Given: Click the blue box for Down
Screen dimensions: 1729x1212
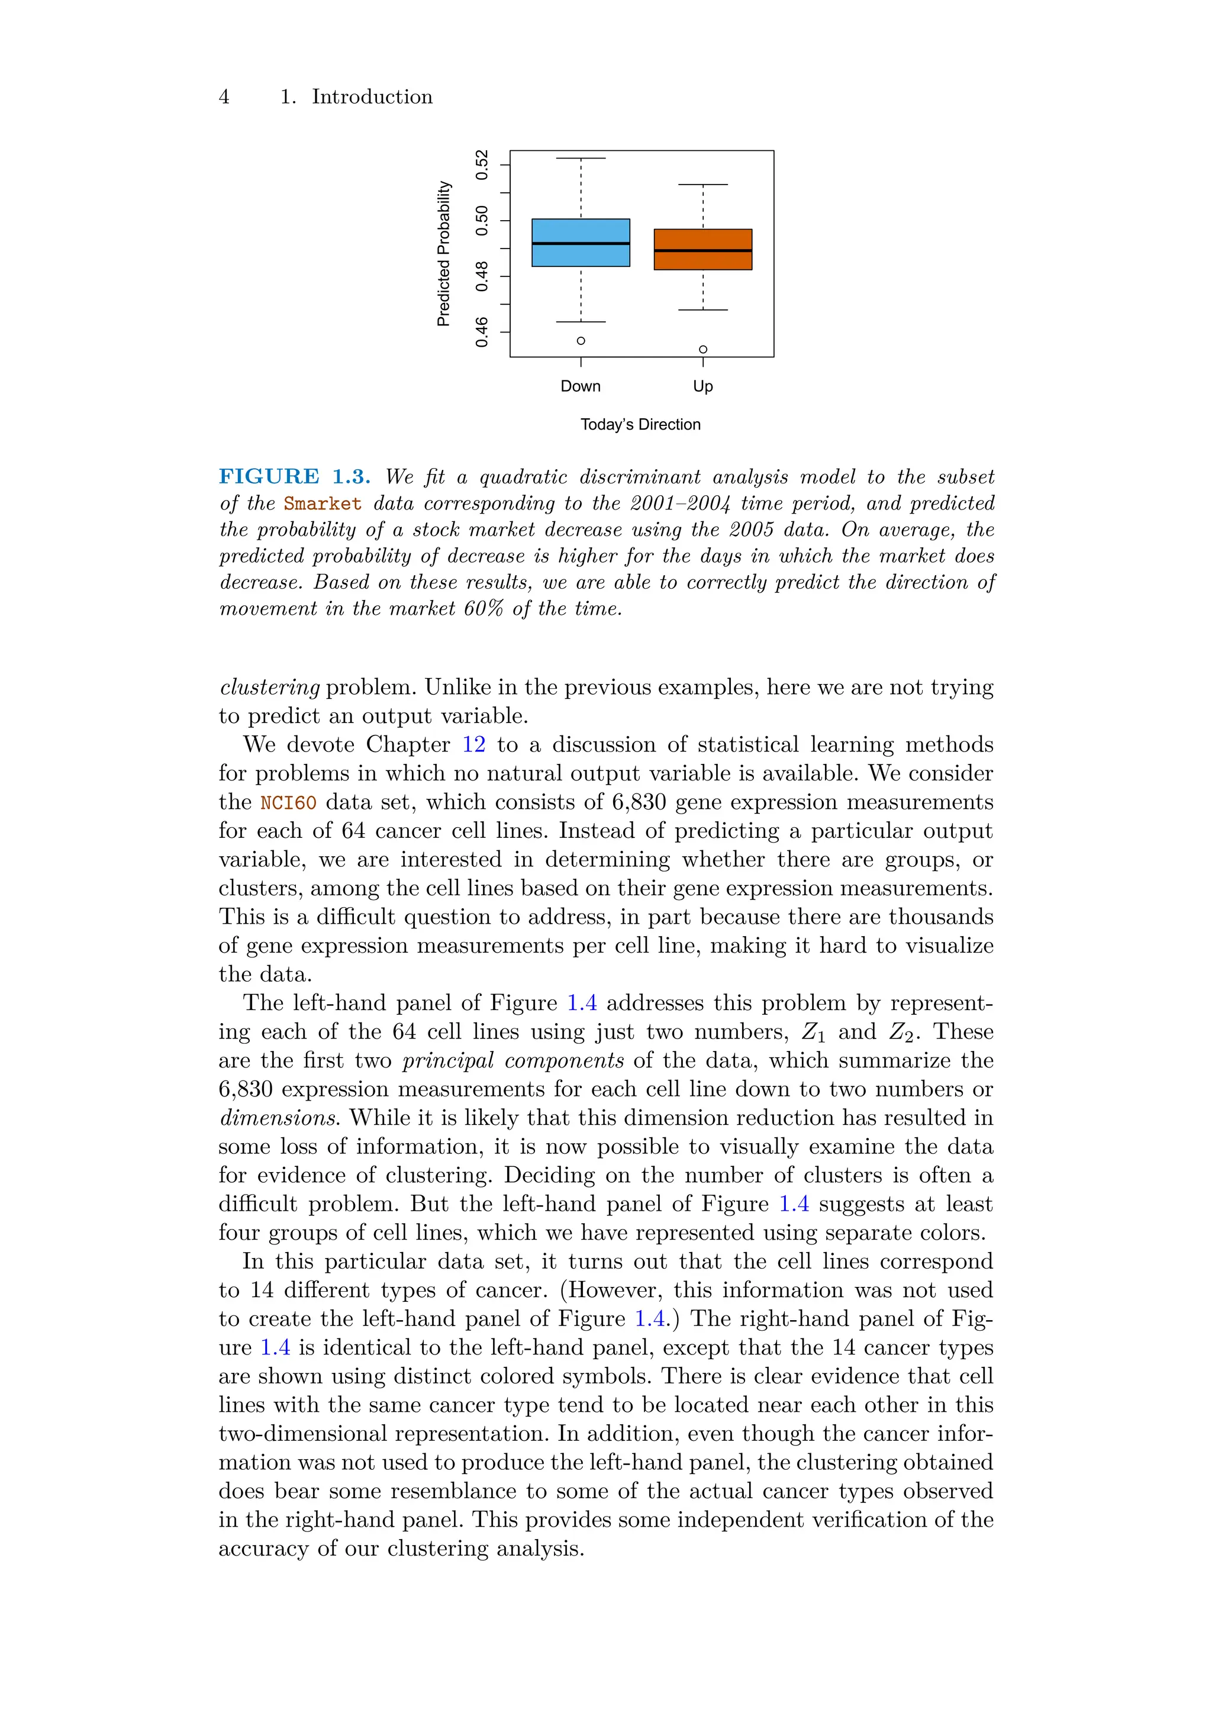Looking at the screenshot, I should [580, 230].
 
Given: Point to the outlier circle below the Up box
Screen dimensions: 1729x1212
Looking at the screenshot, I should [703, 350].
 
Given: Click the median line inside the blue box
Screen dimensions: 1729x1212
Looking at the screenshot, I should [580, 244].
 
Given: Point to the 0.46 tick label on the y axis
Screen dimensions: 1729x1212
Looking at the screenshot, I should [482, 332].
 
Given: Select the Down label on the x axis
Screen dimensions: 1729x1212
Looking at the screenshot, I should [580, 386].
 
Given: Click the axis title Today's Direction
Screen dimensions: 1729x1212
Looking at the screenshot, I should [640, 425].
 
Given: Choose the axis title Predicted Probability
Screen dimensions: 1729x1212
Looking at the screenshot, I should [444, 254].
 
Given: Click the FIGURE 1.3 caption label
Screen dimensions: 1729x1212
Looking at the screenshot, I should [295, 477].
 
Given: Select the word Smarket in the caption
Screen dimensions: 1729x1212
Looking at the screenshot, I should [323, 504].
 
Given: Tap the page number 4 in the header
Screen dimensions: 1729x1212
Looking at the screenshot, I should [224, 97].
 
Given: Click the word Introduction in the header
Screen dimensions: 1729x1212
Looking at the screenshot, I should [372, 97].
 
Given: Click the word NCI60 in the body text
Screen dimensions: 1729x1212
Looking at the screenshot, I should [288, 803].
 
